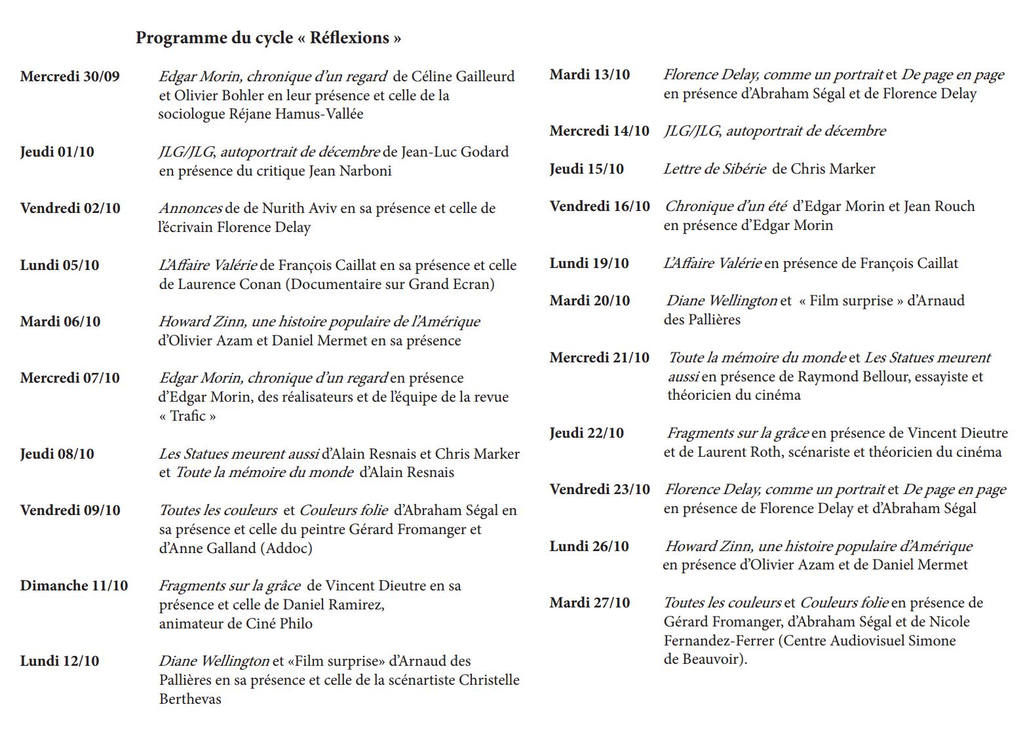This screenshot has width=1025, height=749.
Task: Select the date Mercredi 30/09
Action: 70,77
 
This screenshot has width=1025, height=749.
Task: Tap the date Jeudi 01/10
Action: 57,152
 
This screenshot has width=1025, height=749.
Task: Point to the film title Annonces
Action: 190,208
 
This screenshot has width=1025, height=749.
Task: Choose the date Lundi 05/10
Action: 60,265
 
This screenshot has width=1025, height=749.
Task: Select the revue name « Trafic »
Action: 187,416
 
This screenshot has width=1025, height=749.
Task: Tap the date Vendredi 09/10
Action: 70,510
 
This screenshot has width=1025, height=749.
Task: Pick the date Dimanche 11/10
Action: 74,586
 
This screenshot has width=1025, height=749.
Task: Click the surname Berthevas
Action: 190,699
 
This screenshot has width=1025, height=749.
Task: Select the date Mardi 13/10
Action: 590,75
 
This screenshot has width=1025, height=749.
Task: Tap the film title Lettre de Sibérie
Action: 714,169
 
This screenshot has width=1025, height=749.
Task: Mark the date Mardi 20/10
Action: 590,301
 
